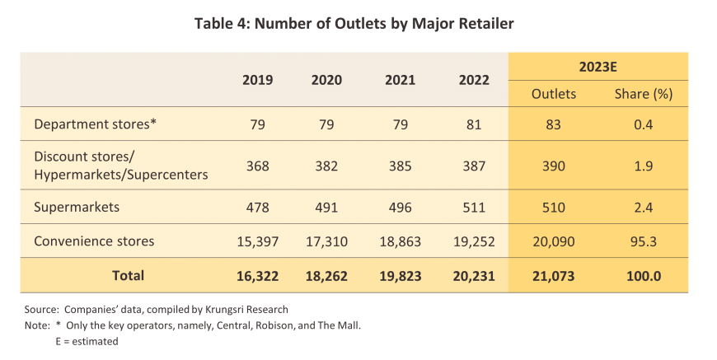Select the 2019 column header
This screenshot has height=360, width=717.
[257, 80]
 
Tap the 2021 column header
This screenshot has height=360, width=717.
[400, 80]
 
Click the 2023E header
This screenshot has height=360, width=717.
[597, 66]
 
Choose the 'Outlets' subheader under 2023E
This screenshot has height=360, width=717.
[554, 94]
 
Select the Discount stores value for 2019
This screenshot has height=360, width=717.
[257, 166]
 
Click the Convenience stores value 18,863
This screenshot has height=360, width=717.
[400, 242]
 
